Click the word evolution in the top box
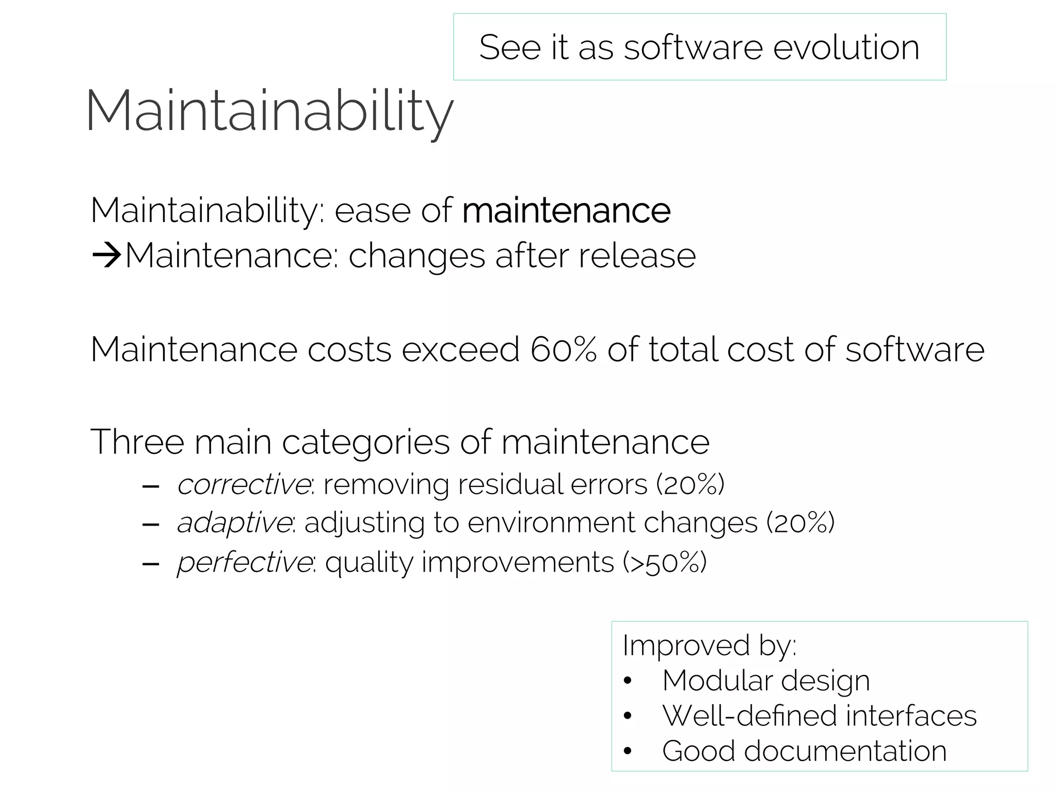tap(846, 47)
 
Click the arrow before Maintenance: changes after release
tap(106, 256)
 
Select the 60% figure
tap(563, 350)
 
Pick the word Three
tap(137, 442)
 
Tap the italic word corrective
tap(244, 484)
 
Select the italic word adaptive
tap(234, 523)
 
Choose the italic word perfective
tap(244, 562)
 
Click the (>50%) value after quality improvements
tap(664, 562)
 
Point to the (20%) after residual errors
tap(691, 484)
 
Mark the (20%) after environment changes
tap(800, 523)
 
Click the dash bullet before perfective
tap(150, 564)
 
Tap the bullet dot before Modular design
tap(628, 681)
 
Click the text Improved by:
tap(709, 645)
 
